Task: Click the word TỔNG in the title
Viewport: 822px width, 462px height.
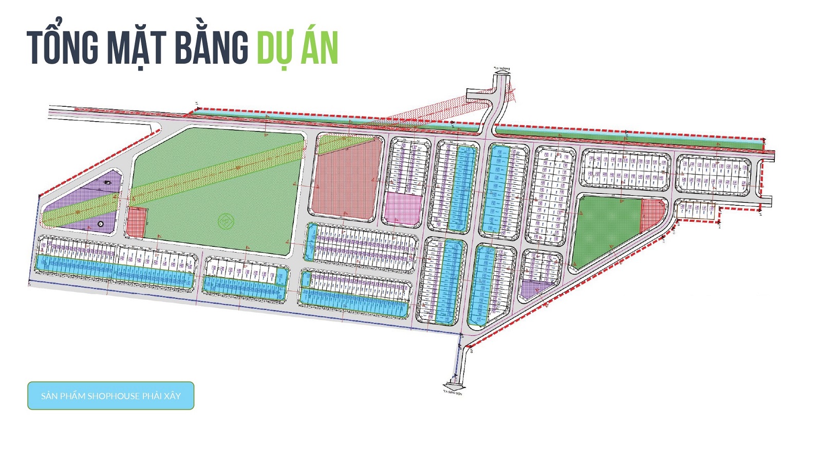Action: [62, 47]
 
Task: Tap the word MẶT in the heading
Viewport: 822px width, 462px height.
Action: [136, 48]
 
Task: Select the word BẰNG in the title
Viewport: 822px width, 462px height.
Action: [211, 47]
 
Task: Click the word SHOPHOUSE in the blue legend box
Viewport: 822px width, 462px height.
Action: [113, 396]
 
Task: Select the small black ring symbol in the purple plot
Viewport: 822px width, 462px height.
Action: [101, 224]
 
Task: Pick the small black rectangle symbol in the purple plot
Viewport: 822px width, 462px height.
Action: [107, 182]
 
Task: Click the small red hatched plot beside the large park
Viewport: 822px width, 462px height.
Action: [136, 222]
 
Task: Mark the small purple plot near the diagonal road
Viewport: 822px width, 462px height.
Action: [532, 289]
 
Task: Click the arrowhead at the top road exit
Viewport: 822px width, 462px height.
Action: [502, 72]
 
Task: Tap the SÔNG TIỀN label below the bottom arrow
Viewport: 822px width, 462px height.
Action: [453, 393]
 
